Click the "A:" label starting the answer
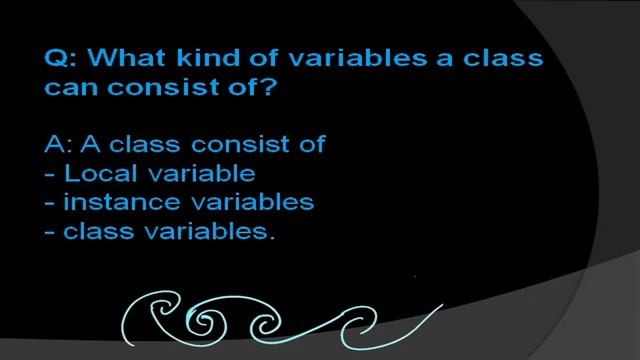click(x=58, y=144)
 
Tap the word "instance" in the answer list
click(x=110, y=203)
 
